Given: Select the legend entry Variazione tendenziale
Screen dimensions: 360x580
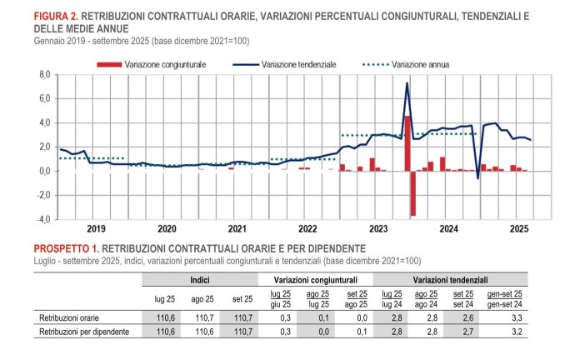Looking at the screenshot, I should tap(297, 63).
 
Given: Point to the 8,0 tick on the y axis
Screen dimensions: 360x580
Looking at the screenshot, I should tap(45, 75).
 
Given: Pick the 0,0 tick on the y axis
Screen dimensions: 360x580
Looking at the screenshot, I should tap(45, 172).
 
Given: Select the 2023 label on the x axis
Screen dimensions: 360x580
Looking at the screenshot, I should tap(378, 227).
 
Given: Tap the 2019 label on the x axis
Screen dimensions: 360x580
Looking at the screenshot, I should tap(96, 227).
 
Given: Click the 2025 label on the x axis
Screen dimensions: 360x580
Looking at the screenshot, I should tap(519, 227).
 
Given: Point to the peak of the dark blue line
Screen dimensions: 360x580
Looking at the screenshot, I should tap(407, 82).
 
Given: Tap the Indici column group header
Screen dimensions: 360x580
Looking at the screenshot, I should tap(200, 280).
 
